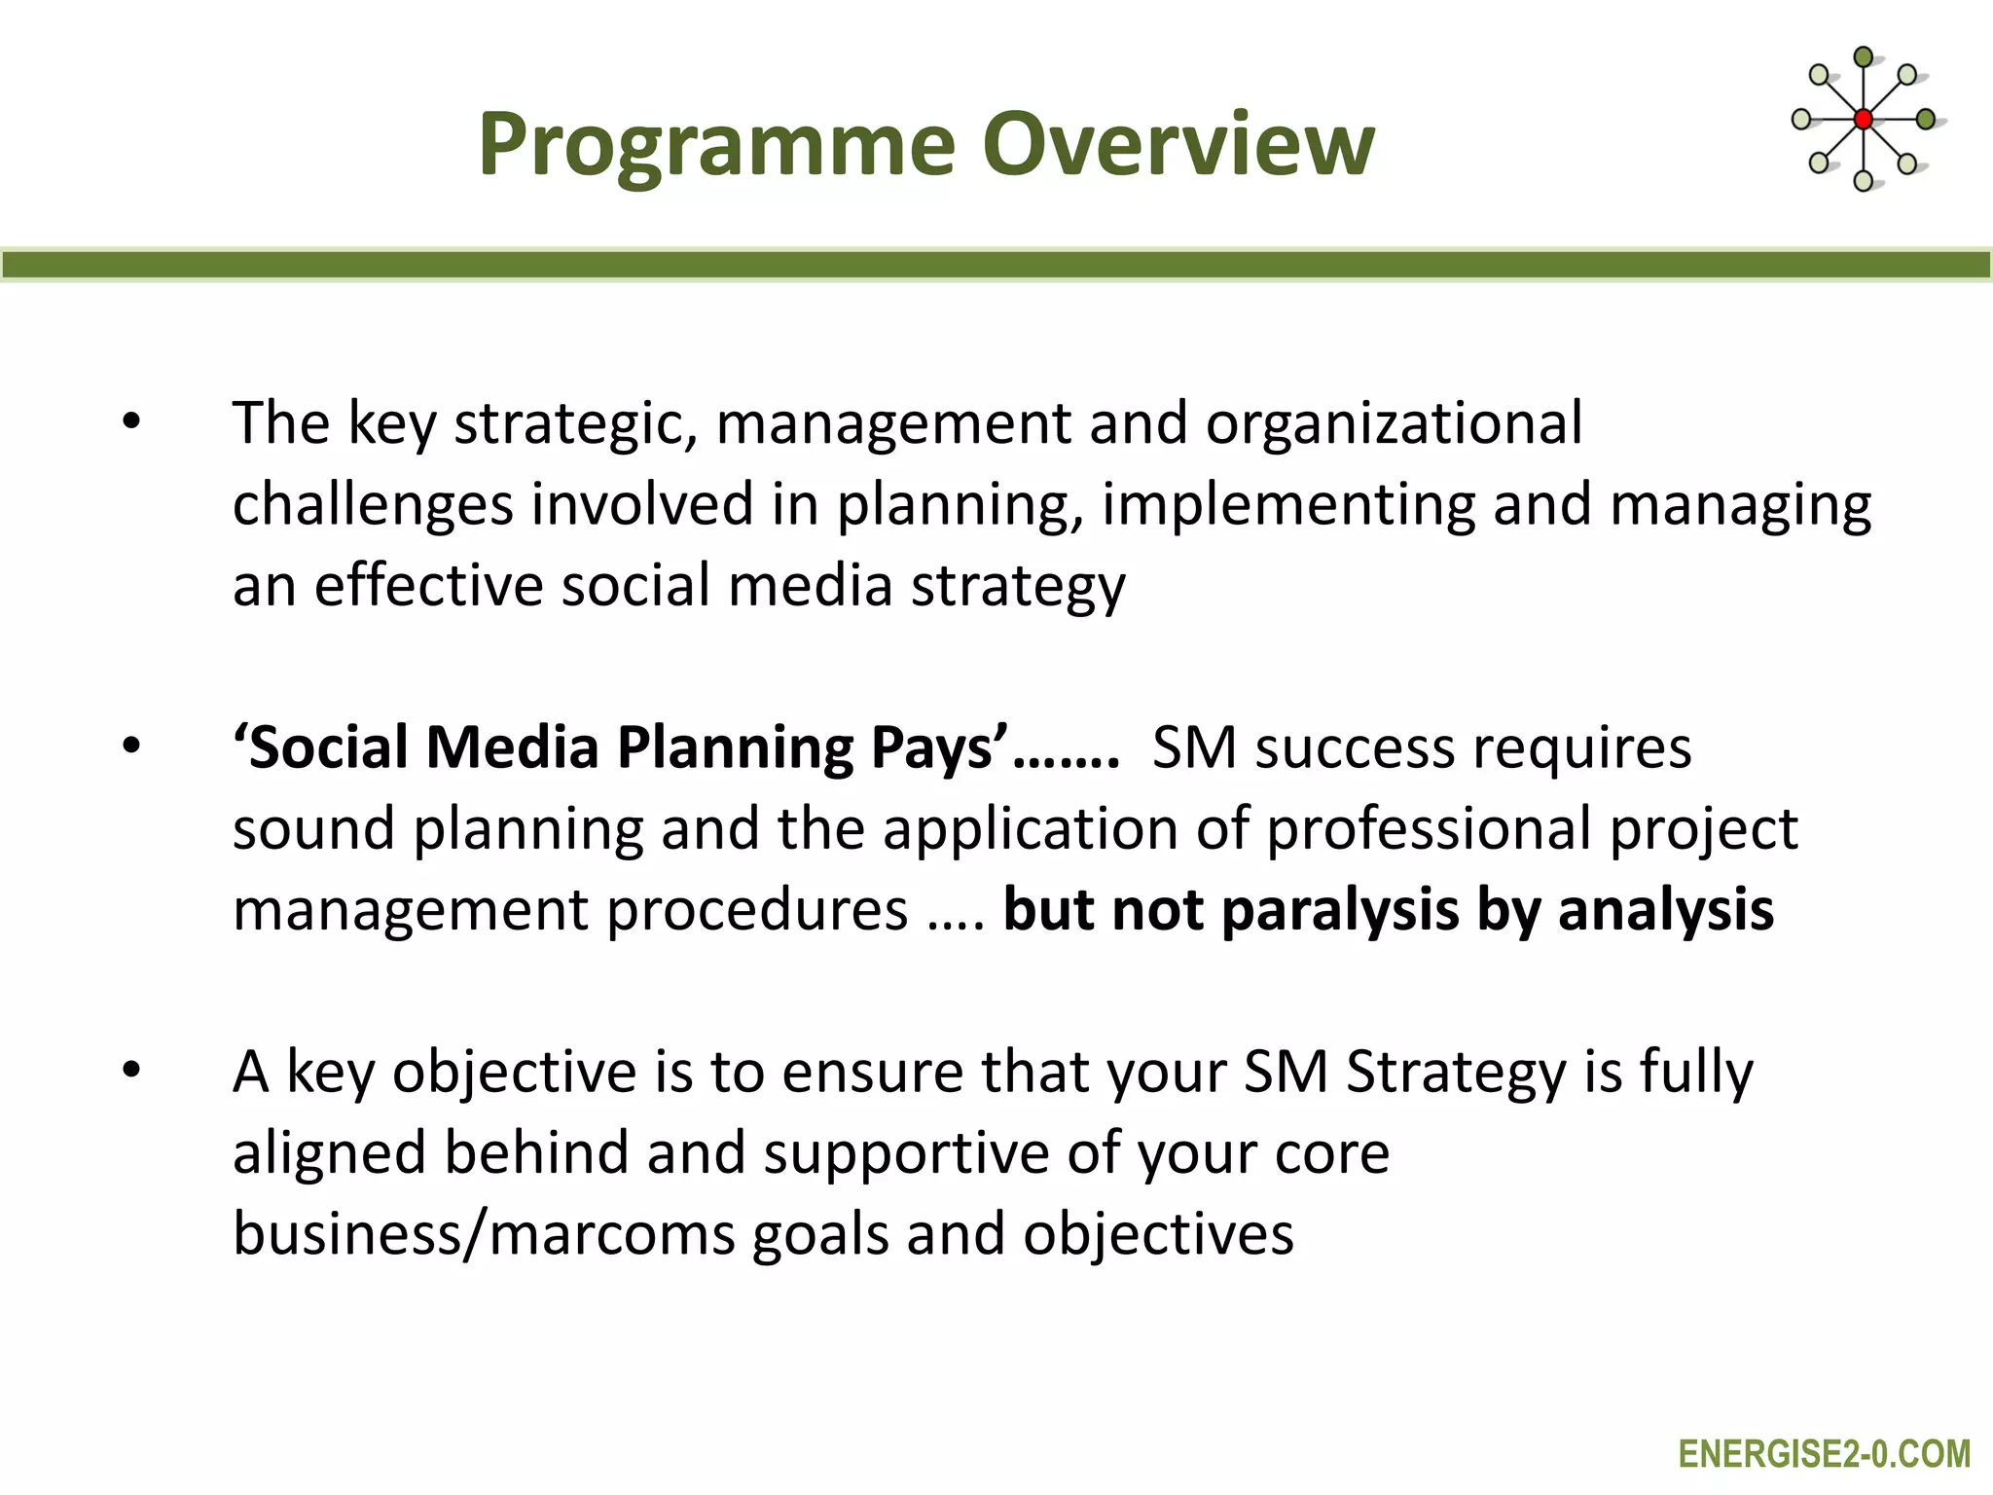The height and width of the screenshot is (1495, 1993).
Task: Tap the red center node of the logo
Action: pos(1863,120)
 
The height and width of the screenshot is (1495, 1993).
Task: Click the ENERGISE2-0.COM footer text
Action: pos(1824,1454)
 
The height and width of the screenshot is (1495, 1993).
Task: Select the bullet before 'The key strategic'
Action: pos(131,423)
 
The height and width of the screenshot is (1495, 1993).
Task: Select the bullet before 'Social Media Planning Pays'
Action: pos(131,747)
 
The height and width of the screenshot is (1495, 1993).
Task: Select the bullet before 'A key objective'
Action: pos(131,1072)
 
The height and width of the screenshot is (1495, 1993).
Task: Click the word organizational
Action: pos(1394,423)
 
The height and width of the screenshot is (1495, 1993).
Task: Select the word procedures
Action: pos(757,911)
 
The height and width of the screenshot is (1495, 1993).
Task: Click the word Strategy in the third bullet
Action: pos(1455,1072)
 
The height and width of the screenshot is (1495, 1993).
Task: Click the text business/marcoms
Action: pos(484,1234)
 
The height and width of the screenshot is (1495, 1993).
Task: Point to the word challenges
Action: pos(373,505)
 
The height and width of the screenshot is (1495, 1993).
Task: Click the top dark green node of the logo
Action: pos(1863,57)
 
